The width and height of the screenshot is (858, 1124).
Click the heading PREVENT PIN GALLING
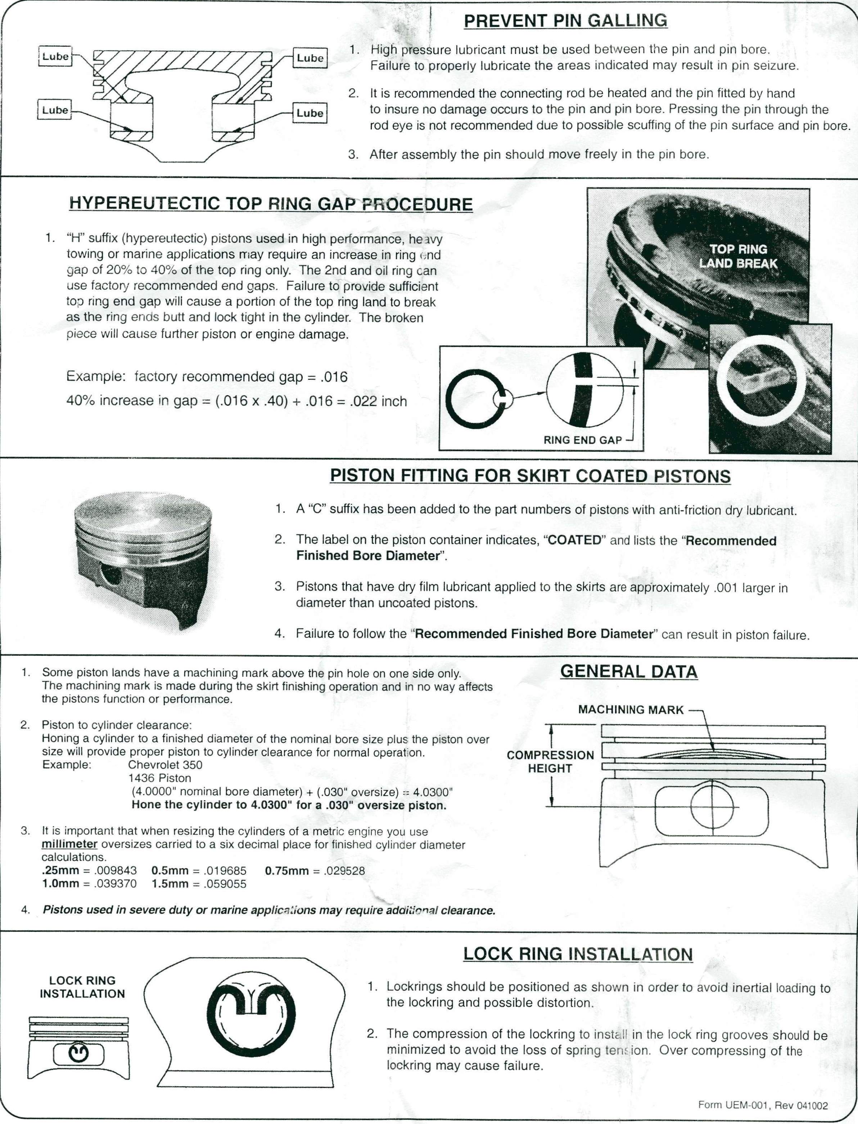pos(565,21)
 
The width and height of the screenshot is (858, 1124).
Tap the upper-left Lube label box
pos(55,56)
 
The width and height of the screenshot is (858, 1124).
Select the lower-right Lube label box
pos(310,113)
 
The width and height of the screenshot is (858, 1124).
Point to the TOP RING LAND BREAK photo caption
pos(738,256)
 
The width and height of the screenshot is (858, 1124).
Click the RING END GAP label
pos(582,440)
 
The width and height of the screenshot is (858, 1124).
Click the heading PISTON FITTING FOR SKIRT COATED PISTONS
pos(530,476)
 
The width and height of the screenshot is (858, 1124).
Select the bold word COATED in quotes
pos(574,541)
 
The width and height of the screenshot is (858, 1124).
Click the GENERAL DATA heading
pos(629,672)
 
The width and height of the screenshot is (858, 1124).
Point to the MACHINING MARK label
pos(631,710)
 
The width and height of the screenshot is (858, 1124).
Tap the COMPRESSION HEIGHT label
pos(550,761)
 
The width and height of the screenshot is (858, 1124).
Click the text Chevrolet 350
pos(165,765)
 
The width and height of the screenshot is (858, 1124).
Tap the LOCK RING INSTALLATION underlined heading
pos(578,954)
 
